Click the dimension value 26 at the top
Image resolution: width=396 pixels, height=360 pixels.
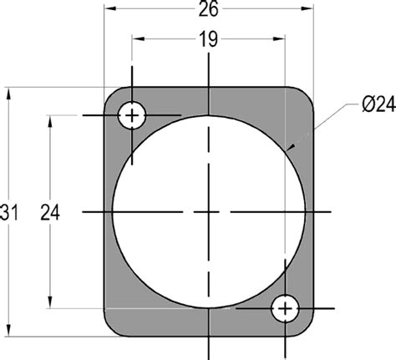click(208, 10)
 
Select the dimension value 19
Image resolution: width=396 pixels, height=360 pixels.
click(208, 39)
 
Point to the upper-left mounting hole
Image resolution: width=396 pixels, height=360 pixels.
click(132, 115)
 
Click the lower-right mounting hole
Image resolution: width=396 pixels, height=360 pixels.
click(286, 308)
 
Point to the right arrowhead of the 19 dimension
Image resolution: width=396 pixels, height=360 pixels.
click(282, 39)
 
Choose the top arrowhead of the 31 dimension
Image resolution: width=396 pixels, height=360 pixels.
click(8, 91)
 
